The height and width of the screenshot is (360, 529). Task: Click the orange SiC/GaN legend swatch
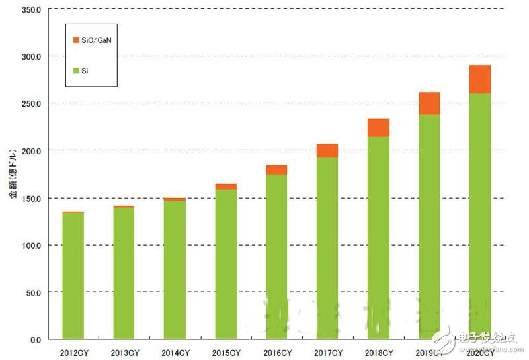point(77,41)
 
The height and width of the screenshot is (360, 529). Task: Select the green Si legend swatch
point(77,69)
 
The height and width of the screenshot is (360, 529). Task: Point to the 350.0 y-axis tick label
point(30,9)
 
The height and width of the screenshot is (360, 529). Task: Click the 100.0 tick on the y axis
point(30,245)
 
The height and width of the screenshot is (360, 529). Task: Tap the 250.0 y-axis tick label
point(30,104)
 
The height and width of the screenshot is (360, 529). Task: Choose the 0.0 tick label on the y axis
point(34,339)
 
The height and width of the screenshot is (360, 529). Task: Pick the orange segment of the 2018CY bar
point(378,128)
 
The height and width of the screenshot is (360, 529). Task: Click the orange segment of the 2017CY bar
point(327,150)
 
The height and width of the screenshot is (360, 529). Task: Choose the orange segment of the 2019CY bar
point(429,103)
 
